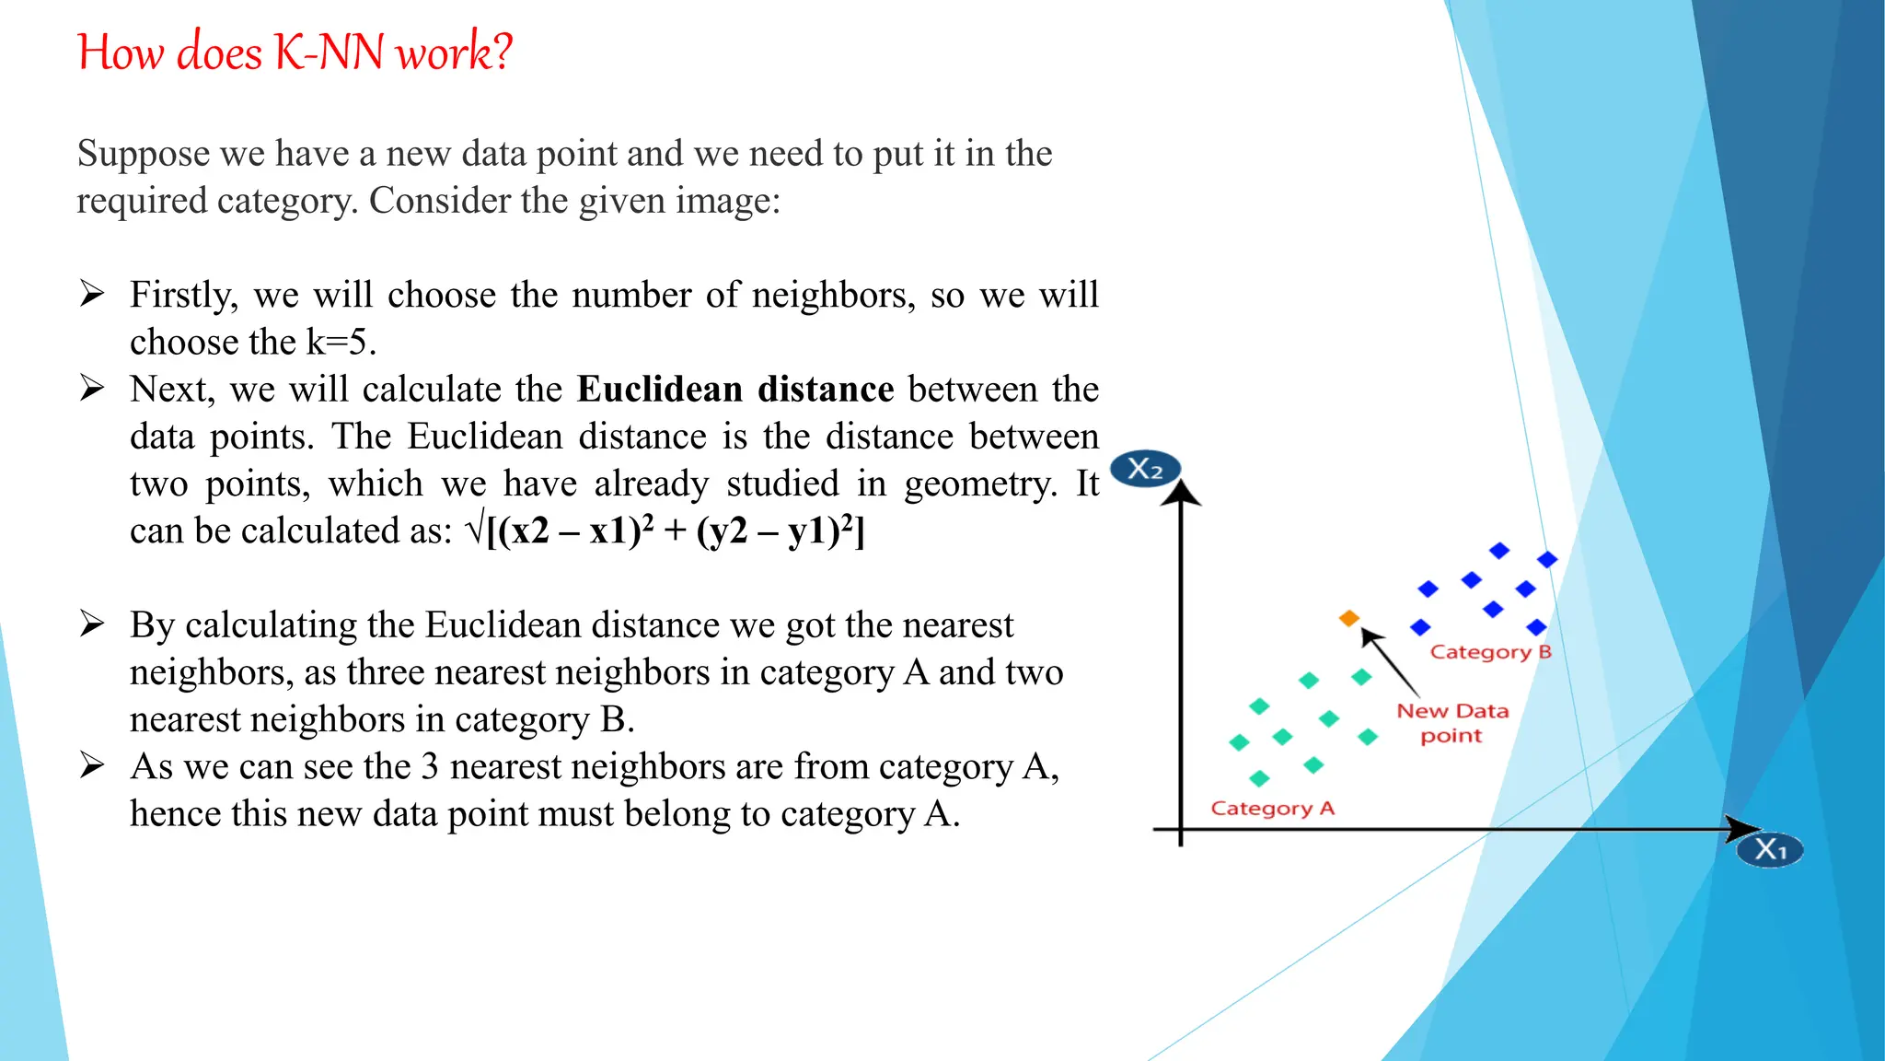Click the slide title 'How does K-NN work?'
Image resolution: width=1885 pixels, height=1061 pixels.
295,52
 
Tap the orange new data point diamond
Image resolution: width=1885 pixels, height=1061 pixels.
1349,618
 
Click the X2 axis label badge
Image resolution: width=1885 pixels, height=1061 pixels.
1145,470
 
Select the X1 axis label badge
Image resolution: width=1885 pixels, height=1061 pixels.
1769,849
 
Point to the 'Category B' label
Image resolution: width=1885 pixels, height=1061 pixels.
1490,652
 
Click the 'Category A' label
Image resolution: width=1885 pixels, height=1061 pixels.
1272,809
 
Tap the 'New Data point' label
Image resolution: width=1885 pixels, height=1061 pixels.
1452,723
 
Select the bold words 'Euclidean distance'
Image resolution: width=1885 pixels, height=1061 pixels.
735,390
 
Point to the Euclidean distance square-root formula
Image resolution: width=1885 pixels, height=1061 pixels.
665,531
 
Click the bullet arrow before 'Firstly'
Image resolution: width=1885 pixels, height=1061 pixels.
92,294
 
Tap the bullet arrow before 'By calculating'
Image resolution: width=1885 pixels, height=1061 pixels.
92,624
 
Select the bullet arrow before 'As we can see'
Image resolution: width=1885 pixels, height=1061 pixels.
92,765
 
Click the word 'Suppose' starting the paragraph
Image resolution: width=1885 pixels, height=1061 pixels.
143,154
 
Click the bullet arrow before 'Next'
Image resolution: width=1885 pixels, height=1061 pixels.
92,388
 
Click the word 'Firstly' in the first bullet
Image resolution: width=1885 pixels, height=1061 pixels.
183,296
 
